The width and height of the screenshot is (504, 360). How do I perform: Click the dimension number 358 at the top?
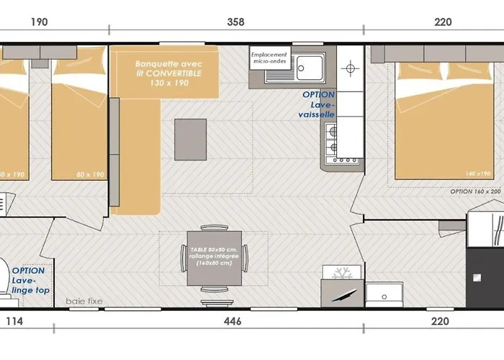tap(235, 22)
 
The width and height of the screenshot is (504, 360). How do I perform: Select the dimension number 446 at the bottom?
tap(233, 321)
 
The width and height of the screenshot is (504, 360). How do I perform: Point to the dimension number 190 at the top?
tap(39, 22)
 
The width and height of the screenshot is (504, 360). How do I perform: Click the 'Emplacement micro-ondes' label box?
tap(269, 58)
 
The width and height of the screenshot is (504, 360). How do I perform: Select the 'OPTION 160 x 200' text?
tap(475, 192)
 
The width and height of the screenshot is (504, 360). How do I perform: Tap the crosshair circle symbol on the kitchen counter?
tap(351, 70)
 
